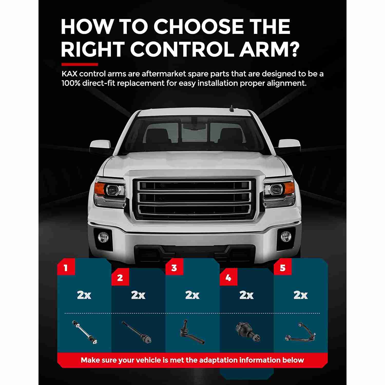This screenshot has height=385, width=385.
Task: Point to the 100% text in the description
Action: coord(70,83)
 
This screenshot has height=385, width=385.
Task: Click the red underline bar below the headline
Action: coord(80,64)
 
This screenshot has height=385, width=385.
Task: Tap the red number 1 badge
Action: coord(66,267)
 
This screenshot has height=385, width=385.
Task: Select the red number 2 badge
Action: coord(120,277)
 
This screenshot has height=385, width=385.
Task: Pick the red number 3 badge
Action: coord(174,267)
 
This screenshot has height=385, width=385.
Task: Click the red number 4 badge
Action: coord(228,277)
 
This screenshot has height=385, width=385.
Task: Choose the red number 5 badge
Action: coord(283,267)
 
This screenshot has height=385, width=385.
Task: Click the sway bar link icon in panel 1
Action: coord(85,332)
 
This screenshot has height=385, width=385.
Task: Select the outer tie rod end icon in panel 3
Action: coord(191,332)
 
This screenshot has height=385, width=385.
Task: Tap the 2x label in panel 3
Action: coord(192,295)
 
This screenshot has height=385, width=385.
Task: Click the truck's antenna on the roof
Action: coord(232,108)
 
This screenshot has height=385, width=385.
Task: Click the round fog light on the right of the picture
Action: coord(285,236)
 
